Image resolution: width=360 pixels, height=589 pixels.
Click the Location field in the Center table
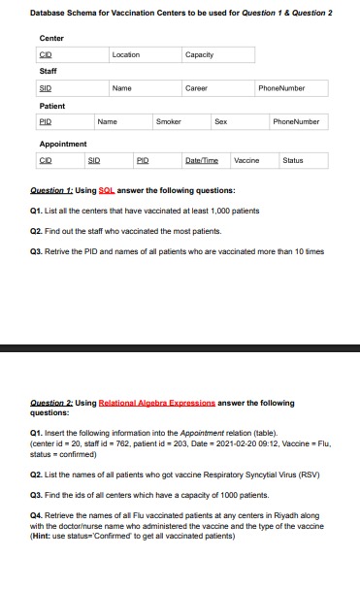coord(125,55)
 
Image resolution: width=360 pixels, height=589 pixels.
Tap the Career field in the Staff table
coord(196,88)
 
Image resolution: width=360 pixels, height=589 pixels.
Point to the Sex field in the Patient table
coord(220,122)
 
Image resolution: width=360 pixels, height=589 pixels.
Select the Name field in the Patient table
coord(107,122)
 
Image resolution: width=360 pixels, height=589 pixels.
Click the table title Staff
coord(48,71)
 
